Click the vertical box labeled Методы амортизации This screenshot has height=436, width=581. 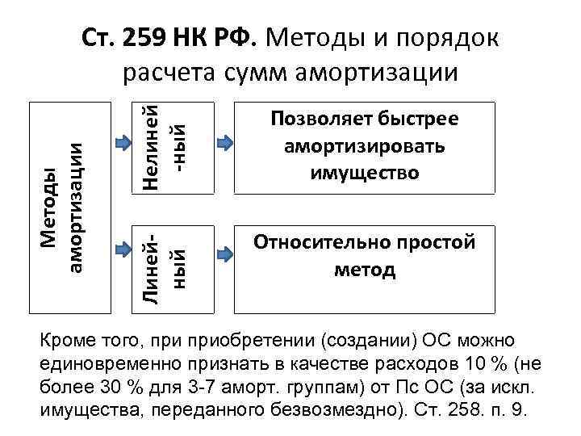click(62, 207)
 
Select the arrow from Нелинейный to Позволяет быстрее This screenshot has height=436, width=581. click(224, 144)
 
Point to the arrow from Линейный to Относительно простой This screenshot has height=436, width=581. click(224, 254)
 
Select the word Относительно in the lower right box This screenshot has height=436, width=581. click(315, 242)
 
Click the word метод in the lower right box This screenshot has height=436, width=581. click(365, 269)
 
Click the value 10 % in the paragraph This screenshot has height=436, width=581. click(485, 363)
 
